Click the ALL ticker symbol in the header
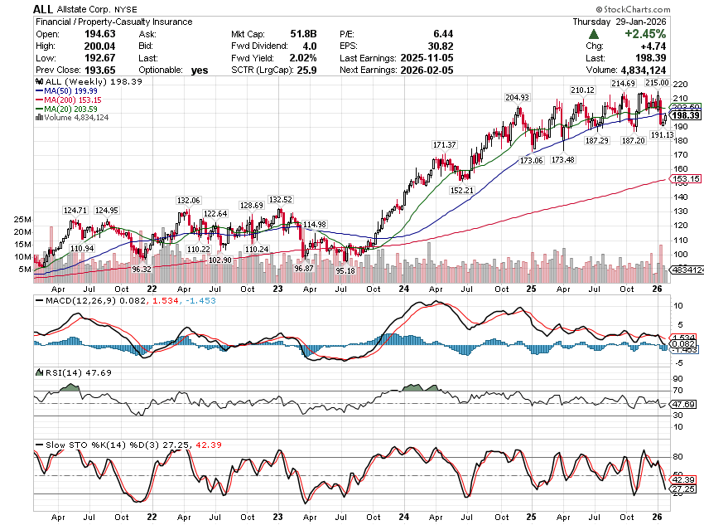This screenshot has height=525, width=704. (x=43, y=8)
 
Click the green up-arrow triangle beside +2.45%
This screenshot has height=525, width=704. (x=595, y=34)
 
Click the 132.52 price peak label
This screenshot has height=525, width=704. (x=281, y=200)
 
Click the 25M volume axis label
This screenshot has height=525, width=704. (x=23, y=220)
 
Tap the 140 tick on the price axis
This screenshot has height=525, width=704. (x=678, y=197)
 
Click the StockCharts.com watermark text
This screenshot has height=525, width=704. (x=662, y=8)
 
